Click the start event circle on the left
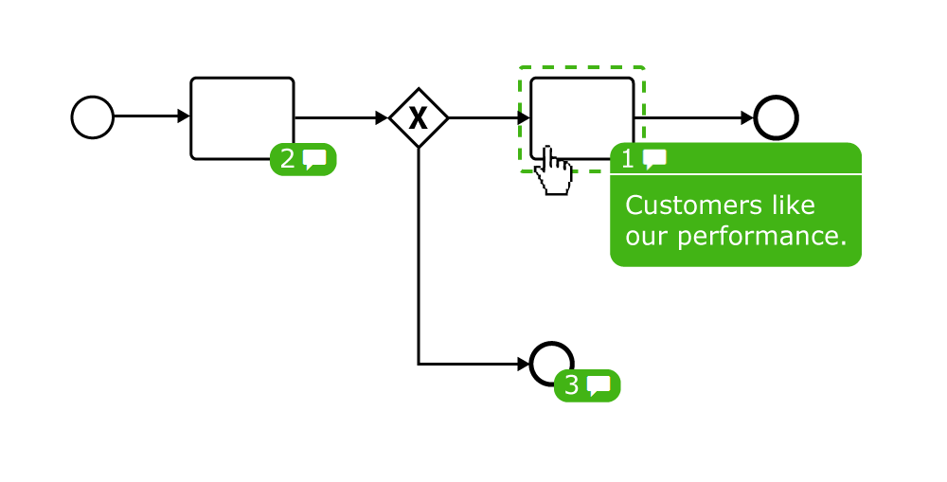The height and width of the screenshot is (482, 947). (93, 118)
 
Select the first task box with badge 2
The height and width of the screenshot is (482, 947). (242, 117)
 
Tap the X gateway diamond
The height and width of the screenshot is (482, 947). (418, 118)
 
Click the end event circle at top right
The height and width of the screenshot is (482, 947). (777, 118)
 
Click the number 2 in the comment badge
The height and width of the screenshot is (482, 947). (288, 160)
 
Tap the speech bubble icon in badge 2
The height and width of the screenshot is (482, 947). (315, 160)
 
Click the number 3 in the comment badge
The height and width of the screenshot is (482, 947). (571, 385)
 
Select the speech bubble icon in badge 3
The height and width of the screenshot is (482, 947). (599, 385)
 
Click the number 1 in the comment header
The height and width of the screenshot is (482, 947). (628, 159)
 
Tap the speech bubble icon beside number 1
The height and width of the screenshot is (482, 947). (654, 159)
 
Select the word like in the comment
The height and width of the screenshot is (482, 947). (791, 205)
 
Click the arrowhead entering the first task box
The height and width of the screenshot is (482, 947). (185, 117)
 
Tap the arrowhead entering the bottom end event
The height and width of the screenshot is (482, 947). (524, 364)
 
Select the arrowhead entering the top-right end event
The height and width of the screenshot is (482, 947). (747, 118)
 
